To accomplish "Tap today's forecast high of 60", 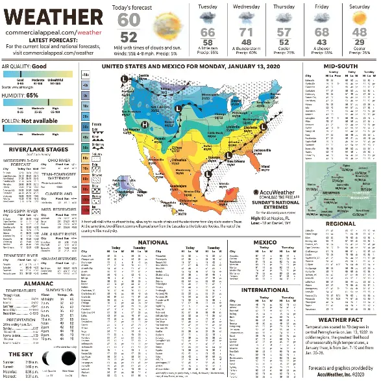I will click(x=129, y=20).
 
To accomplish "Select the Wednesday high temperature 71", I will click(x=246, y=33).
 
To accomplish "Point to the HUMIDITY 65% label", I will click(x=25, y=94).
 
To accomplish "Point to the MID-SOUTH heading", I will click(x=340, y=66).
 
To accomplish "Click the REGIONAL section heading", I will click(x=340, y=223).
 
